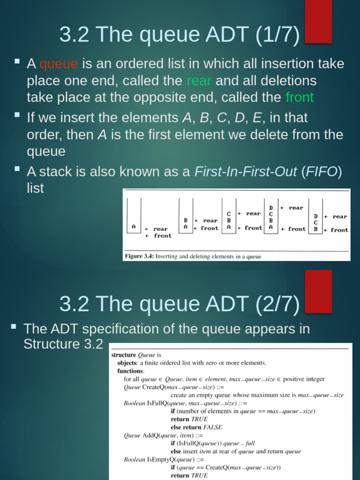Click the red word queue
59,64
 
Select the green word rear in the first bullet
199,81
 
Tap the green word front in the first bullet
300,97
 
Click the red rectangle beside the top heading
318,21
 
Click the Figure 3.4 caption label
139,256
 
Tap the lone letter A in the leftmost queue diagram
134,226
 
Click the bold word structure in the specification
123,355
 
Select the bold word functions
131,370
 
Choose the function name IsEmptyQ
161,459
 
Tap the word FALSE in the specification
212,427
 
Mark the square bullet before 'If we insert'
17,115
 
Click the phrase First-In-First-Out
246,172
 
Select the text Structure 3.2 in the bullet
63,344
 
